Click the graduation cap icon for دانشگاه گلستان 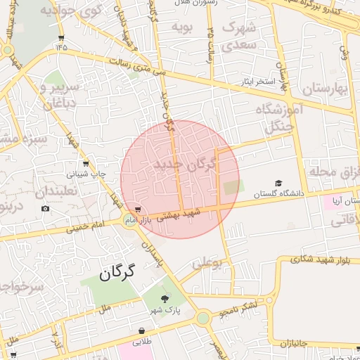pyautogui.click(x=278, y=183)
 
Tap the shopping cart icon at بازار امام pyautogui.click(x=139, y=210)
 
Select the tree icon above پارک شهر pyautogui.click(x=165, y=299)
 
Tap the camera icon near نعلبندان pyautogui.click(x=46, y=208)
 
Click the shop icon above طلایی pyautogui.click(x=143, y=330)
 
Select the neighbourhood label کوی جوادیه pyautogui.click(x=70, y=11)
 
